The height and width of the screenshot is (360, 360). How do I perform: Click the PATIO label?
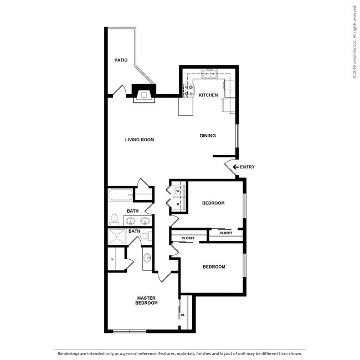tap(121, 60)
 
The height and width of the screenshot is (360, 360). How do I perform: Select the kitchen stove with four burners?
tap(188, 90)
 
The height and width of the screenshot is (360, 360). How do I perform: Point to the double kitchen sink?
tap(209, 73)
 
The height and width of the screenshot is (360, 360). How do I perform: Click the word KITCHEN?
tap(208, 95)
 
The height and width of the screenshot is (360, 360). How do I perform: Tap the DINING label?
tap(208, 136)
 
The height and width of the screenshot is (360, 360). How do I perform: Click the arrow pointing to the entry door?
tap(235, 167)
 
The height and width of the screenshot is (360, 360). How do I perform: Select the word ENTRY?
tap(247, 167)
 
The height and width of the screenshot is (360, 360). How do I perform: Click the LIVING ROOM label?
tap(139, 140)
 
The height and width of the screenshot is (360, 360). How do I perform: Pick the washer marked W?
tap(178, 191)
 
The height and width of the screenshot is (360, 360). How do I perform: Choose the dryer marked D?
tap(178, 204)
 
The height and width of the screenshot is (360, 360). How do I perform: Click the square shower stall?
tap(118, 239)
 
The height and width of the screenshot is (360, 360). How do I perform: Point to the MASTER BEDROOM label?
tap(147, 300)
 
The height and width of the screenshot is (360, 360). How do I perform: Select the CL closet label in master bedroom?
tap(183, 315)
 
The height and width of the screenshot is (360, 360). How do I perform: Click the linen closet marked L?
tap(113, 259)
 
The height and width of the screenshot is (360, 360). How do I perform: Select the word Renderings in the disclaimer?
tap(68, 352)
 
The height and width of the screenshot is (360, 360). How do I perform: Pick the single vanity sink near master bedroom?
tap(147, 258)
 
